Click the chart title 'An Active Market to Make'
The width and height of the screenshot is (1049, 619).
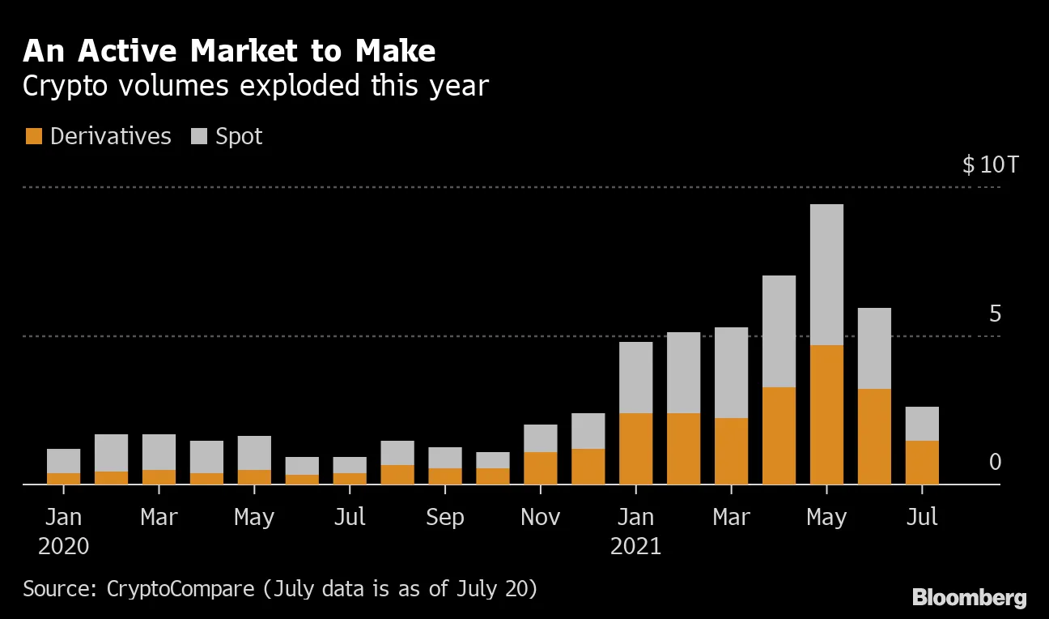(229, 52)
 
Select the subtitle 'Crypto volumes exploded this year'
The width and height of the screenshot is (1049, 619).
(256, 86)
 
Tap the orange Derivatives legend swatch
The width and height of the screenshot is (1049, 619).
(33, 136)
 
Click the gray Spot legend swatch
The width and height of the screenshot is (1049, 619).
(199, 136)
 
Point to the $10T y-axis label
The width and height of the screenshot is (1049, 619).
(990, 165)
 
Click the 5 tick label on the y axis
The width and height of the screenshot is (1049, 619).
(995, 314)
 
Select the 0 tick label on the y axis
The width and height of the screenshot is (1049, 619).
(995, 462)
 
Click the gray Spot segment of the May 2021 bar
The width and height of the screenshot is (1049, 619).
(826, 275)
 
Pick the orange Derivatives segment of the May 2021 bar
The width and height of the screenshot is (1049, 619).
(826, 415)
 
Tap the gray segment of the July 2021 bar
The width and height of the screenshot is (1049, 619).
(922, 424)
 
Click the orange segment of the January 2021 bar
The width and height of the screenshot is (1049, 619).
(635, 449)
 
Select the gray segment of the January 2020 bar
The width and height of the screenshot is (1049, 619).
(63, 461)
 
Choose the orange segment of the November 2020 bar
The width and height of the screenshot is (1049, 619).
(540, 468)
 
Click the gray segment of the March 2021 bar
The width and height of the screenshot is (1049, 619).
(731, 373)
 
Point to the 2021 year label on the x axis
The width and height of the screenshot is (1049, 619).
(635, 546)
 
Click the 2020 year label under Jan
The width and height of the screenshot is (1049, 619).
(63, 546)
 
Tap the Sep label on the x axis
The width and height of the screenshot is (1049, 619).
(444, 517)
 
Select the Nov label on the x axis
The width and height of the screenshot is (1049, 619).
(540, 517)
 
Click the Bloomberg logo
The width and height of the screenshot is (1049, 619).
(969, 598)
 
